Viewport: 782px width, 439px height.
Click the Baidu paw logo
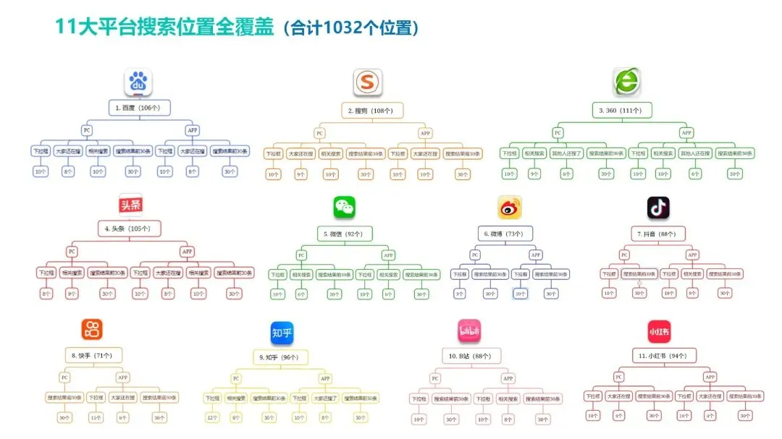(138, 82)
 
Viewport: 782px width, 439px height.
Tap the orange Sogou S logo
(367, 82)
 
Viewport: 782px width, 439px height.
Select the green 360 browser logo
(626, 82)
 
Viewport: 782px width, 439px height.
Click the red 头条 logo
(130, 205)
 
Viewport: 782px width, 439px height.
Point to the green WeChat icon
(344, 208)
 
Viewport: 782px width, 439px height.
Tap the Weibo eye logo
(509, 208)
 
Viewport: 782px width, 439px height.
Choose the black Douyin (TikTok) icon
(657, 208)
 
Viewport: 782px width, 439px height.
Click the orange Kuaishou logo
(91, 330)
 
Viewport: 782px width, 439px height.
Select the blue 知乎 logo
(282, 333)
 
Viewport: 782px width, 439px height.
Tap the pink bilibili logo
(468, 331)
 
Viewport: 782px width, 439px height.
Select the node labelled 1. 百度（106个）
(138, 108)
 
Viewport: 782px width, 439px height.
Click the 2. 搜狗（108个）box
(371, 111)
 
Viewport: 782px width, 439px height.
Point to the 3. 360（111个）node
(624, 110)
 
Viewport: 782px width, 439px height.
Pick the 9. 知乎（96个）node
(279, 357)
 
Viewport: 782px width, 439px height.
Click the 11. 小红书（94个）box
(657, 356)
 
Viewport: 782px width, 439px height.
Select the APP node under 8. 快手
(123, 378)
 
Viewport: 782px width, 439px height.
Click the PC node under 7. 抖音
(624, 255)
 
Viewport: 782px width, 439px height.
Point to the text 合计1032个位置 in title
(351, 28)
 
